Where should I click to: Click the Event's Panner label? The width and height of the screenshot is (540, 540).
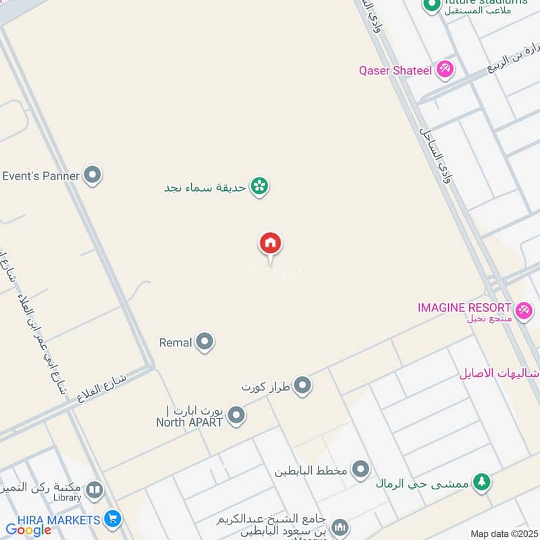pyautogui.click(x=41, y=176)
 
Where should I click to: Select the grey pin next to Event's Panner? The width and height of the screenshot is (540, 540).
pyautogui.click(x=92, y=175)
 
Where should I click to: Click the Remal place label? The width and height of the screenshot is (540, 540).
pyautogui.click(x=175, y=343)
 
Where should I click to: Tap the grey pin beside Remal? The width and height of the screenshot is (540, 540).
pyautogui.click(x=205, y=342)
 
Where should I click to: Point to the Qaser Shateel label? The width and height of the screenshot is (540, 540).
pyautogui.click(x=398, y=70)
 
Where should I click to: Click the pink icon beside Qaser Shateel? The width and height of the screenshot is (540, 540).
pyautogui.click(x=445, y=69)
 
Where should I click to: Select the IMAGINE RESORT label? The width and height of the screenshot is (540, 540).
pyautogui.click(x=464, y=308)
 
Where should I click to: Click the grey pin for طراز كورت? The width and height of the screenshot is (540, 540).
pyautogui.click(x=303, y=386)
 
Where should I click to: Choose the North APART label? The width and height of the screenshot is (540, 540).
pyautogui.click(x=190, y=422)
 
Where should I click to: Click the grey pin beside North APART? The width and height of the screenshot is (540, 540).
pyautogui.click(x=236, y=415)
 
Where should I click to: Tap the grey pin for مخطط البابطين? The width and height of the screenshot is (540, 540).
pyautogui.click(x=361, y=469)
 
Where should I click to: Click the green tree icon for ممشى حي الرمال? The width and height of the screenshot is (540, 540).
pyautogui.click(x=481, y=481)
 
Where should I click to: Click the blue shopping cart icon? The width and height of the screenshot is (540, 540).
pyautogui.click(x=113, y=520)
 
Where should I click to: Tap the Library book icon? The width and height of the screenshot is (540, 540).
pyautogui.click(x=95, y=490)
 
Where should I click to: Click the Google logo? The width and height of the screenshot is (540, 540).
pyautogui.click(x=29, y=531)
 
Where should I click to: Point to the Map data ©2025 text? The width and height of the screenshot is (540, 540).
pyautogui.click(x=502, y=534)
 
